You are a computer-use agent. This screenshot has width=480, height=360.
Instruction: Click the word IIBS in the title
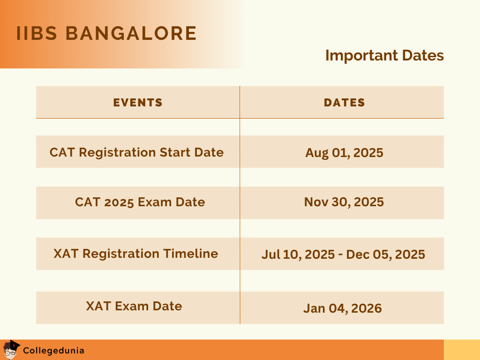(37, 34)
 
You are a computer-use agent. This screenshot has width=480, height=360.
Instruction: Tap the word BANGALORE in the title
(131, 34)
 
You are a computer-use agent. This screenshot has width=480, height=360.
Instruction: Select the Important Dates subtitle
(384, 55)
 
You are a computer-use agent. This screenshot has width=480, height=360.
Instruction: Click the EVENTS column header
(138, 103)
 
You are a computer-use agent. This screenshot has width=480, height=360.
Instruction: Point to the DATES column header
(345, 103)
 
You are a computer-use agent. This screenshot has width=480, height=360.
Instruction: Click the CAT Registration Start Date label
(136, 152)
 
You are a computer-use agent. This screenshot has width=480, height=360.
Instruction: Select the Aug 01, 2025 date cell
(344, 153)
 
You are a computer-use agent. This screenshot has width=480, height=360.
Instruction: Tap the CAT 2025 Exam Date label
(140, 202)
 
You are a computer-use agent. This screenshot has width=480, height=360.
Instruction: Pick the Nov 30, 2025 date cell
(344, 202)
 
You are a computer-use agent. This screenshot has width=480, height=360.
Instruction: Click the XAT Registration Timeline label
(135, 254)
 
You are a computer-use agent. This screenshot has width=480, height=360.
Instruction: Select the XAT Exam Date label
(134, 306)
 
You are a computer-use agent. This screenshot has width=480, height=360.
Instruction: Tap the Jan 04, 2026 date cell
(343, 308)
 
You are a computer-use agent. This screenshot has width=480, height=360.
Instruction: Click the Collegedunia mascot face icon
(11, 350)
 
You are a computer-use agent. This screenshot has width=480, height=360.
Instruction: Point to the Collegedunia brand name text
(53, 350)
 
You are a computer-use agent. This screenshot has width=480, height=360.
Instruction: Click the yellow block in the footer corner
(462, 350)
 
